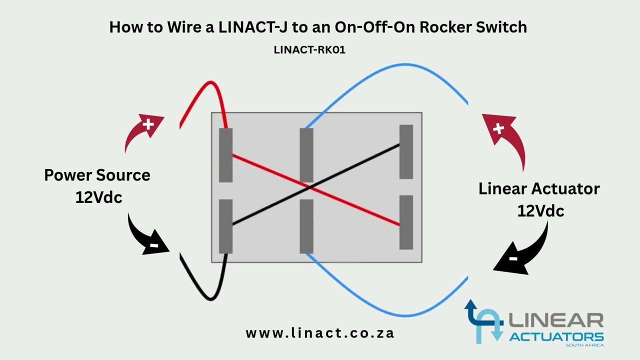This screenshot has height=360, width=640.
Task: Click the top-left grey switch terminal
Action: click(226, 155)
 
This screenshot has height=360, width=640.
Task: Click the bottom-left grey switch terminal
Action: click(226, 226)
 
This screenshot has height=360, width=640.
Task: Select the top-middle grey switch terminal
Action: click(306, 155)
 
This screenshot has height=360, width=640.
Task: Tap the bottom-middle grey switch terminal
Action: click(306, 226)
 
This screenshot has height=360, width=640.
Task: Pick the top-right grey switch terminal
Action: click(406, 151)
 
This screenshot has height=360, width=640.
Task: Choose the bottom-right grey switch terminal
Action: click(406, 222)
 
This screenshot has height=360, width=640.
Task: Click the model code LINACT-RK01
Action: click(309, 50)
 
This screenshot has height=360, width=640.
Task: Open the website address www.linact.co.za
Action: click(320, 333)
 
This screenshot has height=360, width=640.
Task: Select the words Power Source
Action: click(97, 175)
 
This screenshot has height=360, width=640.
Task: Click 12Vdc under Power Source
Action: click(98, 197)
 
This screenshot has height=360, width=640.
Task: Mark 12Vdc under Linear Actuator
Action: click(540, 210)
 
